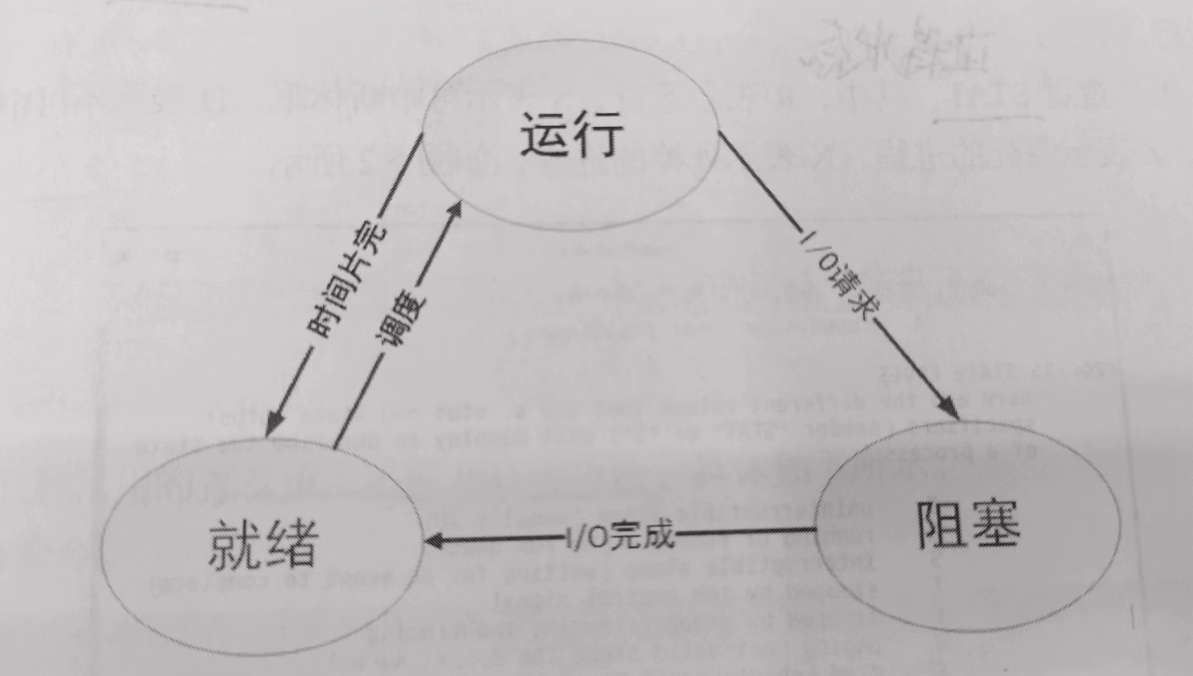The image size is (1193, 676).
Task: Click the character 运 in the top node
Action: click(544, 135)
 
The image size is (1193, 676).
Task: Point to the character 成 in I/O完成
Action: click(658, 535)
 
